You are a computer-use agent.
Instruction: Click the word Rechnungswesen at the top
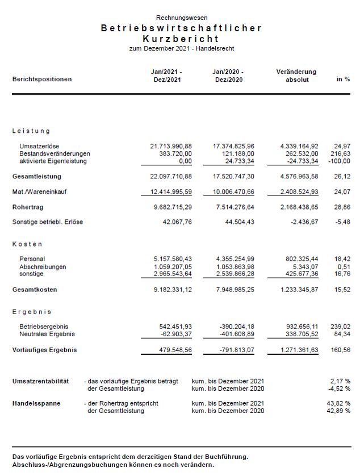pyautogui.click(x=182, y=18)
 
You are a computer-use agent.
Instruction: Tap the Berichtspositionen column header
pyautogui.click(x=42, y=80)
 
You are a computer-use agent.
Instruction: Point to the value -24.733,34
pyautogui.click(x=299, y=161)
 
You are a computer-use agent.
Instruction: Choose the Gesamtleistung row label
pyautogui.click(x=37, y=177)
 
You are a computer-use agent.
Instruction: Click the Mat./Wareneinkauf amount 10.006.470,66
pyautogui.click(x=229, y=192)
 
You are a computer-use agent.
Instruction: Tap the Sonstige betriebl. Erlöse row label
pyautogui.click(x=48, y=222)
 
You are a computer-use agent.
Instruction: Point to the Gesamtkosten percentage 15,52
pyautogui.click(x=342, y=290)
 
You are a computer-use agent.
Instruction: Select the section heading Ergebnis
pyautogui.click(x=32, y=312)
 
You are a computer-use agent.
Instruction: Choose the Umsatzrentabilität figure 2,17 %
pyautogui.click(x=340, y=381)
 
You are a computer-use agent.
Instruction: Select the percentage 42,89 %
pyautogui.click(x=338, y=411)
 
